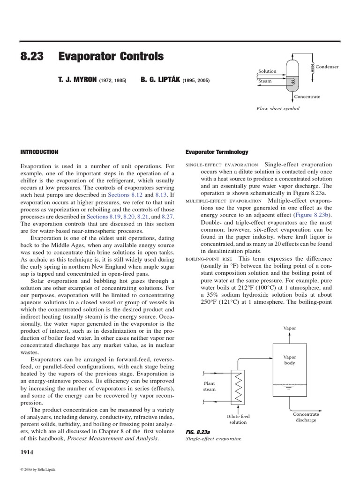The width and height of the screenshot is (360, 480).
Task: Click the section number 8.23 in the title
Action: pyautogui.click(x=32, y=57)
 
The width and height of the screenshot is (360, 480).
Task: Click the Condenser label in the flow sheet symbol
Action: pyautogui.click(x=327, y=67)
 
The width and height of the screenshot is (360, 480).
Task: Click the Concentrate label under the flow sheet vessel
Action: pyautogui.click(x=307, y=97)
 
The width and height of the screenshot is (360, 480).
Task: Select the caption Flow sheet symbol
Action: pyautogui.click(x=277, y=108)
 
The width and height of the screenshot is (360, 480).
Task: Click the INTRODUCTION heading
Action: pyautogui.click(x=39, y=152)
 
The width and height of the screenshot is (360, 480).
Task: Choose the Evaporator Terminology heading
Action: pyautogui.click(x=217, y=152)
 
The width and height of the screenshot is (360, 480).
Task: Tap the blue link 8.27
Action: pyautogui.click(x=167, y=217)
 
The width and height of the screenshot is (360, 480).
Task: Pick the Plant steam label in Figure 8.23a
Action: pyautogui.click(x=209, y=386)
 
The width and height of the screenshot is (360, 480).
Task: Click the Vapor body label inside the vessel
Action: pyautogui.click(x=290, y=360)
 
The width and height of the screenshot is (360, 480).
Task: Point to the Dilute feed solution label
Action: pyautogui.click(x=238, y=419)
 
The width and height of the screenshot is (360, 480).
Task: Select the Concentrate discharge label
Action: pyautogui.click(x=306, y=417)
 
